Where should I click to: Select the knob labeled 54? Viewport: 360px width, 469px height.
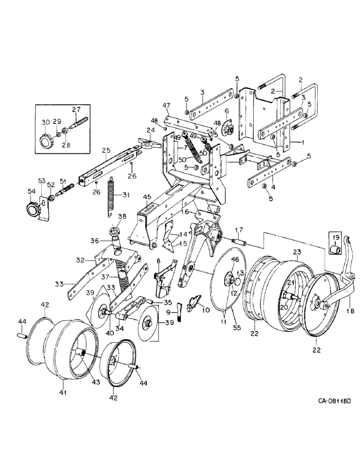pos(33,208)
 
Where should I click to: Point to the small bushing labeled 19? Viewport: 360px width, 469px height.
pos(336,250)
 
